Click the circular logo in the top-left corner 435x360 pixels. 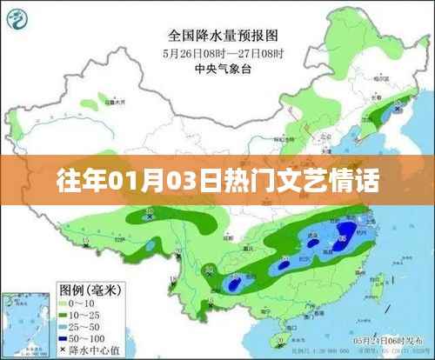[x=24, y=19]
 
